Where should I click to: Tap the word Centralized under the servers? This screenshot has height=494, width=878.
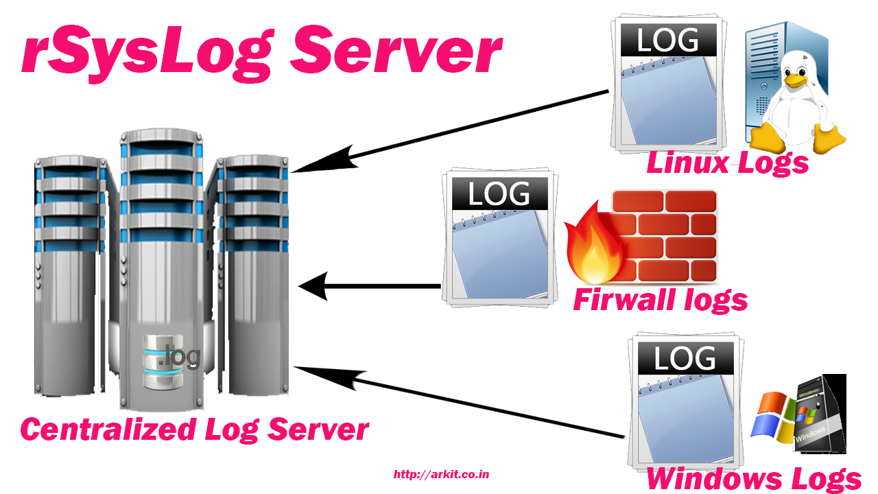tap(108, 430)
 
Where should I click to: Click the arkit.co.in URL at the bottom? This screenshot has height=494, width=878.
tap(441, 474)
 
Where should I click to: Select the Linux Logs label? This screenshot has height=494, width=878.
tap(728, 163)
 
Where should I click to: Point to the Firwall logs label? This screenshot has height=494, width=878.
tap(661, 300)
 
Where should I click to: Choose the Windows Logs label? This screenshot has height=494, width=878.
tap(753, 479)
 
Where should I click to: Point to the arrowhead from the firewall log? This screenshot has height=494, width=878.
tap(313, 286)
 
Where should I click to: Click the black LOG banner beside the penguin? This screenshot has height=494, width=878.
tap(669, 40)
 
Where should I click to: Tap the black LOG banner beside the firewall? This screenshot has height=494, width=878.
tap(500, 193)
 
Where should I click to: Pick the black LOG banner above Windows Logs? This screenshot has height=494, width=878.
tap(685, 358)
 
